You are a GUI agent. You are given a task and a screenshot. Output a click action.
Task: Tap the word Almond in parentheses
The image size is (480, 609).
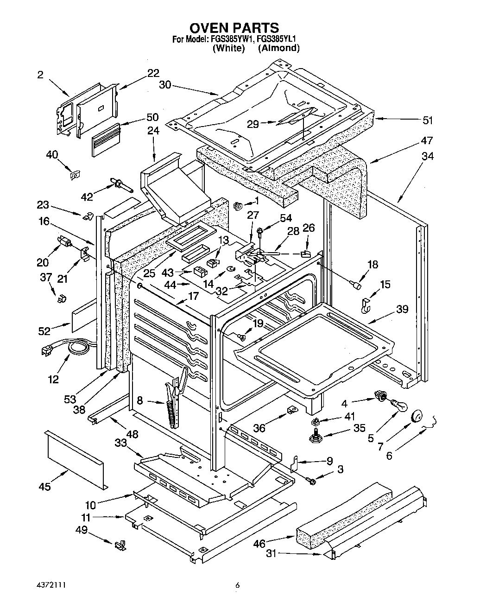(278, 48)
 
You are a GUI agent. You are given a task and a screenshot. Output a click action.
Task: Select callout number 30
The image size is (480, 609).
(165, 85)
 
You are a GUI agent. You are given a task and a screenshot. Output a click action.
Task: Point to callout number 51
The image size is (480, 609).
(428, 121)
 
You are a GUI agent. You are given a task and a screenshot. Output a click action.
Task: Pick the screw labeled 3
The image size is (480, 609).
(311, 482)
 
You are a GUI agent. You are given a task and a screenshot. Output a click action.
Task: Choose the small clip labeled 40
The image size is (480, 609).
(74, 175)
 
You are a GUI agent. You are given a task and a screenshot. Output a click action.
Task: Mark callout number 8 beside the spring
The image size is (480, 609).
(139, 400)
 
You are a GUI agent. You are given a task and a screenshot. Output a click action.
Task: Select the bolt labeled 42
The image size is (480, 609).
(120, 184)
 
